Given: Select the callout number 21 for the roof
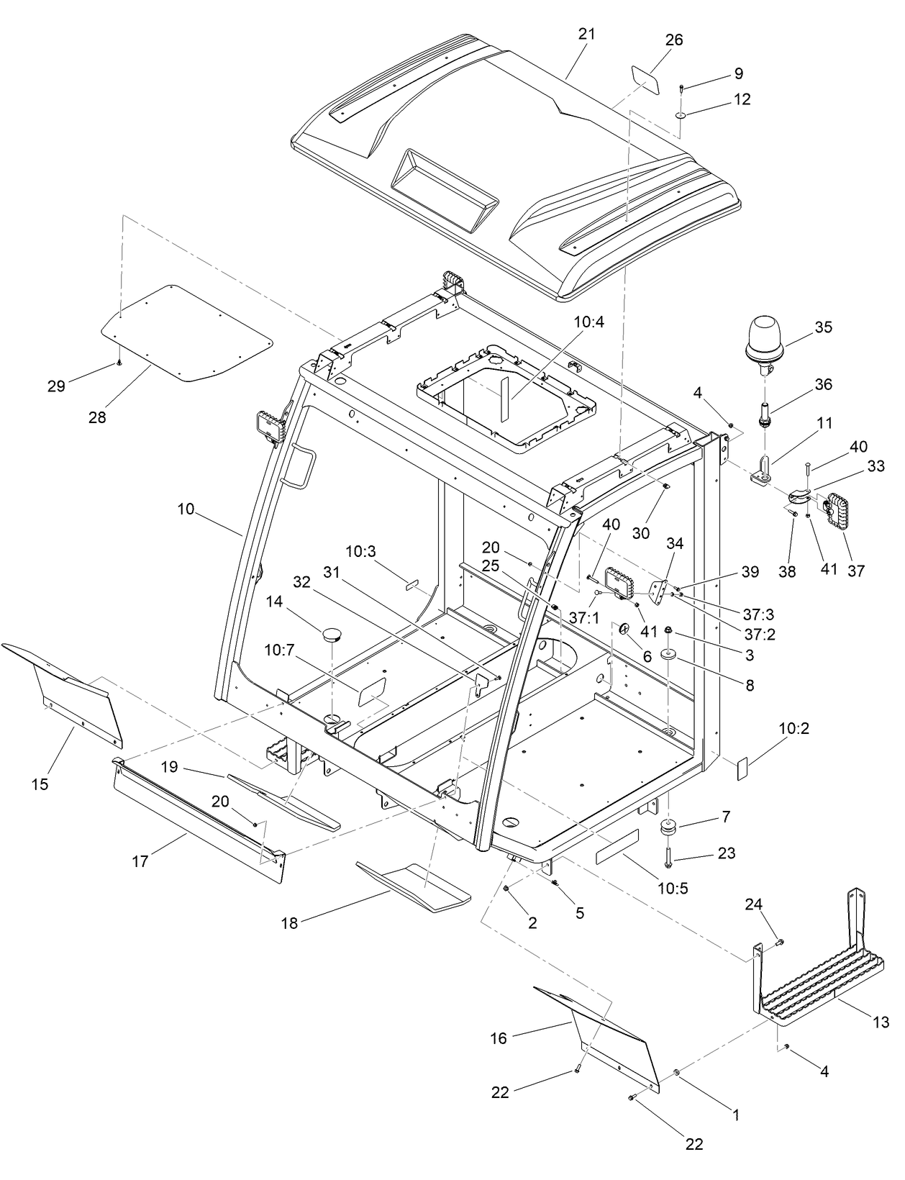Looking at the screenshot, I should tap(586, 34).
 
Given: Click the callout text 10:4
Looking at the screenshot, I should tap(588, 322).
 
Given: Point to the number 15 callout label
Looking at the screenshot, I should tap(40, 784).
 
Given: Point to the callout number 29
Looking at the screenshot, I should tap(56, 386).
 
